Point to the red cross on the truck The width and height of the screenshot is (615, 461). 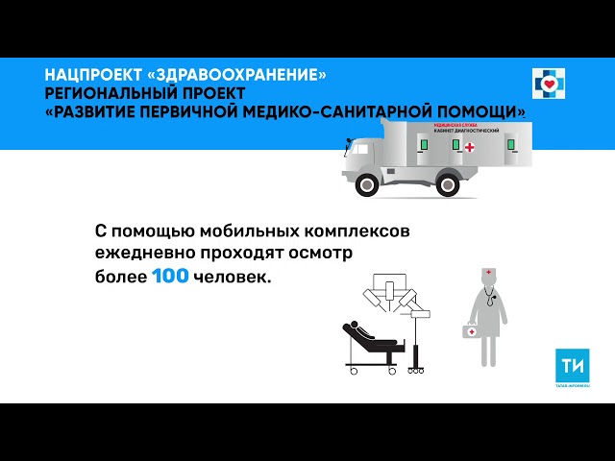(x=469, y=147)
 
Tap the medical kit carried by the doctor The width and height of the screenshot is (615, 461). (x=471, y=331)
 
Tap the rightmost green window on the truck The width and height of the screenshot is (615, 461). (x=512, y=145)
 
